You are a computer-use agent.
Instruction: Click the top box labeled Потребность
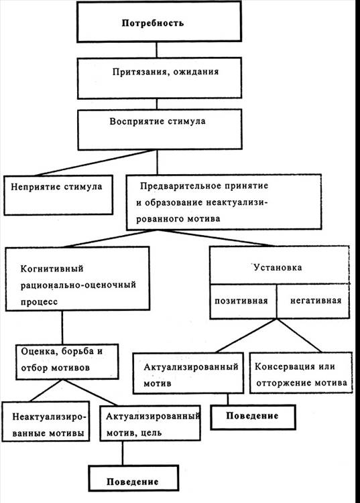(159, 22)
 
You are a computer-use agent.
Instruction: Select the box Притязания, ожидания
(160, 78)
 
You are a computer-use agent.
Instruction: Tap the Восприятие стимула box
(160, 129)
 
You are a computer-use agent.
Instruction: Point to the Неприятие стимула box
(58, 195)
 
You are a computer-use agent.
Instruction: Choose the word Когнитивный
(52, 268)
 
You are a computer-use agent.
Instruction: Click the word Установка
(278, 267)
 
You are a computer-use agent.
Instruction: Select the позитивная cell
(243, 301)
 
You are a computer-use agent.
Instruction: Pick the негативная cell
(313, 301)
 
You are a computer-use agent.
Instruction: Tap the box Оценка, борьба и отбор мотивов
(67, 362)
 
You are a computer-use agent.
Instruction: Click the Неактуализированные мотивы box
(46, 421)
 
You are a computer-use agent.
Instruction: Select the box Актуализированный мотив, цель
(150, 423)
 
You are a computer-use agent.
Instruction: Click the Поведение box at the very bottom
(133, 478)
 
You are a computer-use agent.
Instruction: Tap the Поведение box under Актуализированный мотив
(253, 417)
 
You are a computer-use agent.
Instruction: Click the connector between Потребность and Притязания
(157, 50)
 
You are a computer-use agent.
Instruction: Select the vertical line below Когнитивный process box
(62, 328)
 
